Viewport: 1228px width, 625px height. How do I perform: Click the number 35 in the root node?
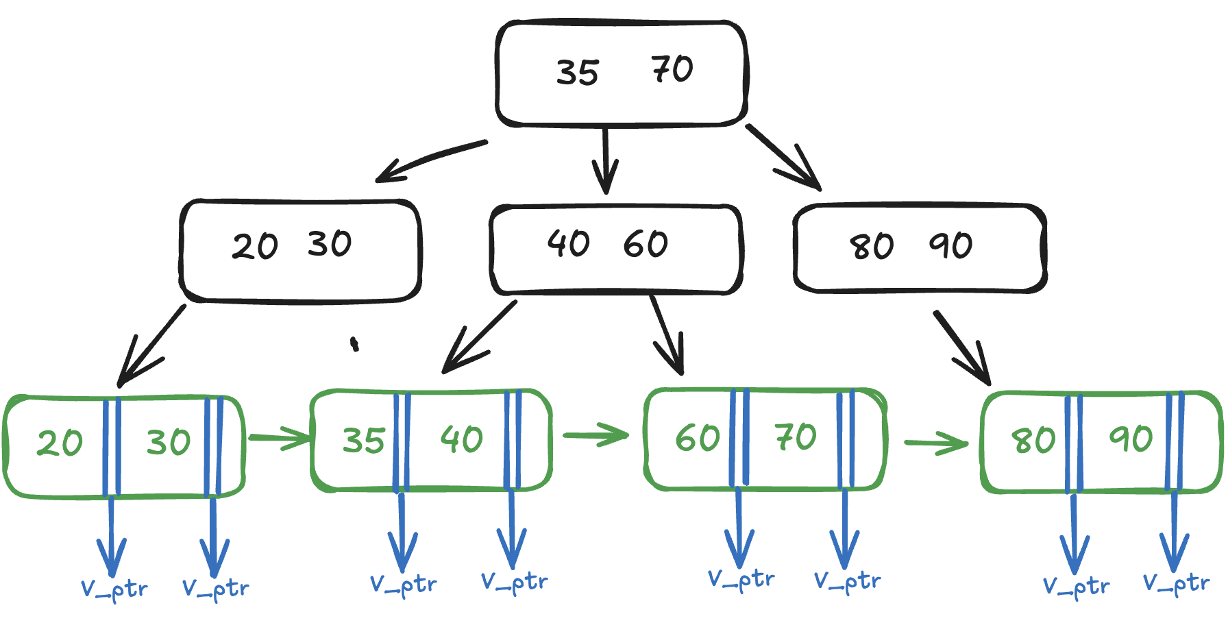(x=578, y=73)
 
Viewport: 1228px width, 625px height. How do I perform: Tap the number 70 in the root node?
(x=672, y=69)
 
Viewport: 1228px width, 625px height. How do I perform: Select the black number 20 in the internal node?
(x=255, y=246)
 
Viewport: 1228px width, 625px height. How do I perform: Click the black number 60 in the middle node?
(x=646, y=244)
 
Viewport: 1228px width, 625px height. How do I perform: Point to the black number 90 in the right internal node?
(x=950, y=245)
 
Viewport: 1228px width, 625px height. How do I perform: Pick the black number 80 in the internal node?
(x=872, y=247)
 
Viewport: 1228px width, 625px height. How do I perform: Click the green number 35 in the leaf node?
(x=364, y=441)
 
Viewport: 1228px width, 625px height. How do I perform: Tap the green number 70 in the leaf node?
(x=796, y=437)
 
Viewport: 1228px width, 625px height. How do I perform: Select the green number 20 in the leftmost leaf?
(x=60, y=443)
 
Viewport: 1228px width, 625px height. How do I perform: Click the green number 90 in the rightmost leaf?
(x=1131, y=439)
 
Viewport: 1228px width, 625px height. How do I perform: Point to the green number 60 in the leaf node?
(x=698, y=438)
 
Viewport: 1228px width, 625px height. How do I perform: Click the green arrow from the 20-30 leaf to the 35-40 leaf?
(x=280, y=437)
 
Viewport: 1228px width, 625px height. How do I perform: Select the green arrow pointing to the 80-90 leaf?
(x=936, y=443)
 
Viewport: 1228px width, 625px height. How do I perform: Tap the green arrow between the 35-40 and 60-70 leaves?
(x=595, y=434)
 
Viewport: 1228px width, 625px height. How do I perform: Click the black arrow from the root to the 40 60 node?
(x=605, y=161)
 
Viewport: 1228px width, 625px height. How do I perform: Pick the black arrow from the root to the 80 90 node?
(x=784, y=156)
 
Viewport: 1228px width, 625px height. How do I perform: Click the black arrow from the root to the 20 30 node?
(x=432, y=159)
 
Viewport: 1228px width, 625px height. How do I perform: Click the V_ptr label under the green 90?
(x=1176, y=584)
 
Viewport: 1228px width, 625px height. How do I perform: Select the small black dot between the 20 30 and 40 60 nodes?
(x=354, y=343)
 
